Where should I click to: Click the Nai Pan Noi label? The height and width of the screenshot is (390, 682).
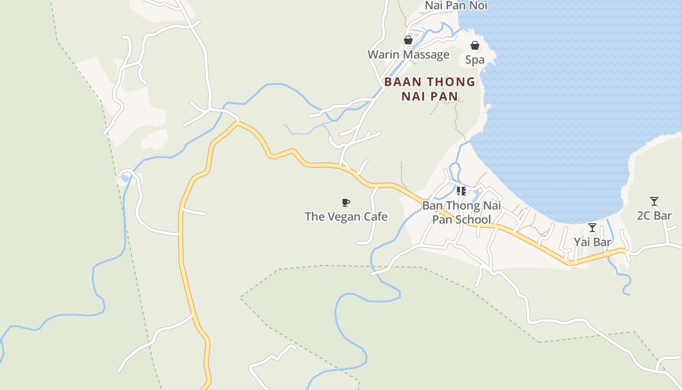456,5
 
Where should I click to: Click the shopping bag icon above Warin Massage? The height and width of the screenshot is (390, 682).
408,40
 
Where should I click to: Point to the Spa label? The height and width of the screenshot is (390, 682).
475,59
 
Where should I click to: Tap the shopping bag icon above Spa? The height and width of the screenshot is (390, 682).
475,45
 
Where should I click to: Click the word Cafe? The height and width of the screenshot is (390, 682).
375,216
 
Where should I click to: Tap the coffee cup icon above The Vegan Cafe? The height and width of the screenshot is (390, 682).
345,202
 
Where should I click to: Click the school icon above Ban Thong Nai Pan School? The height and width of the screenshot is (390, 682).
461,191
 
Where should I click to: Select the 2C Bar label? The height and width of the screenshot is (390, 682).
654,215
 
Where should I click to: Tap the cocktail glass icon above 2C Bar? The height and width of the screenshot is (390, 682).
654,201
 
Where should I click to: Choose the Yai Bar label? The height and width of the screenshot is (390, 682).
592,242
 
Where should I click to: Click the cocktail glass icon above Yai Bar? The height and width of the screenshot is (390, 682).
592,228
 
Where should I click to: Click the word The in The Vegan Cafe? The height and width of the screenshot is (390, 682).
314,216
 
